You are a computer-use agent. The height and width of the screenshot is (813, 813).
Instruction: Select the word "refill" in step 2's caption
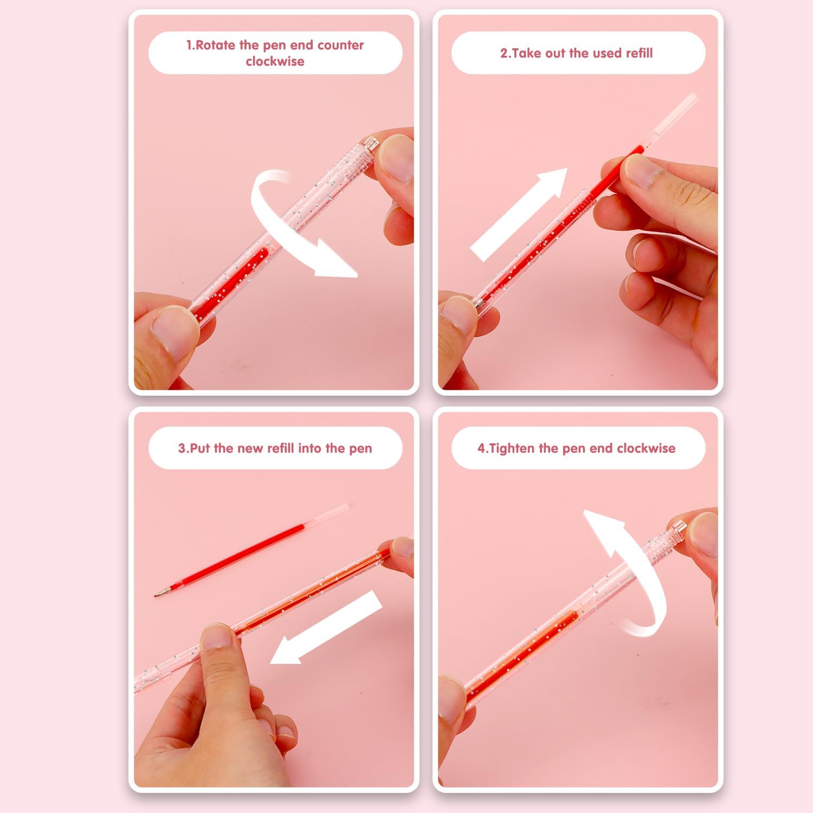pos(640,53)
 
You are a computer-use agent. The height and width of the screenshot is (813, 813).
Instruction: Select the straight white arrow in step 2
pos(519,214)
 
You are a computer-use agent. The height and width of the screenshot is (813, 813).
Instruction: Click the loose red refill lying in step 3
pos(251,550)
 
